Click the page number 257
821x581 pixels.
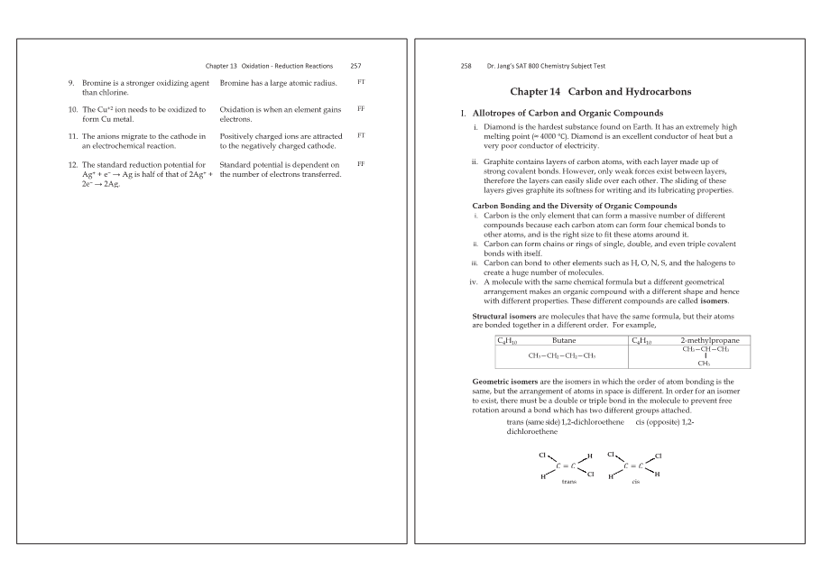tap(355, 66)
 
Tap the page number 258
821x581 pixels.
tap(466, 66)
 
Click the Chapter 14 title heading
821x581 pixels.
tap(600, 92)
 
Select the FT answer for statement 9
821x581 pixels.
tap(361, 82)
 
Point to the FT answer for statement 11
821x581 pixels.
tap(361, 134)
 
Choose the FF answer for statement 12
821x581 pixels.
tap(361, 164)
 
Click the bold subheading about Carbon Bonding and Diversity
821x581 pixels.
tap(575, 206)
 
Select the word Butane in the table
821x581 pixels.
tap(564, 340)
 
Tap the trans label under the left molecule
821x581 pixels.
tap(568, 482)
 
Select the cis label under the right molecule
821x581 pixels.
tap(636, 482)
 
